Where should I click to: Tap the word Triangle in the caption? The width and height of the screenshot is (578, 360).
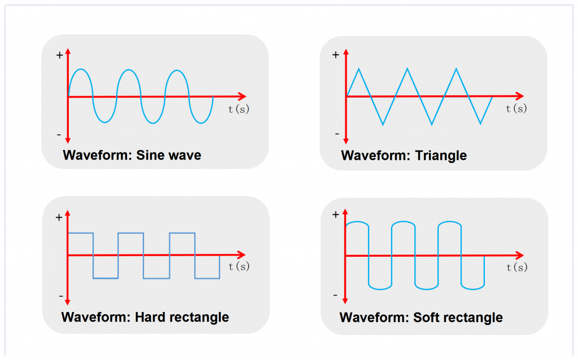point(441,156)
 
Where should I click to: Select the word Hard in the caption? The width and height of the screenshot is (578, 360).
point(149,317)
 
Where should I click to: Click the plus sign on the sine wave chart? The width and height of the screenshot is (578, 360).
point(59,55)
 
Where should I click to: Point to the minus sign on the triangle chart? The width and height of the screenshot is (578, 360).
point(336,134)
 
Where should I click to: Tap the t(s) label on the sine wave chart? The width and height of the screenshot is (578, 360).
point(239,109)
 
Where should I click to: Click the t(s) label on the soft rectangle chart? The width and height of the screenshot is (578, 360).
point(517,267)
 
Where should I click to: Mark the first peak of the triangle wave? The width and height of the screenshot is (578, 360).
point(358,68)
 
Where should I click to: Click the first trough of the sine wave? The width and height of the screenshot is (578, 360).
point(105,122)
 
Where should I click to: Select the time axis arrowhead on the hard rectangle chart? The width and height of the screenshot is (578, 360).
point(242,254)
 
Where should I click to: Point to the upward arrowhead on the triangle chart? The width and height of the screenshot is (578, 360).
point(345,52)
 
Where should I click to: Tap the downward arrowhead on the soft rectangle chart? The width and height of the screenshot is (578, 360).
point(345,301)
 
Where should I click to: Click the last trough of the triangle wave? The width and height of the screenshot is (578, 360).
point(480,124)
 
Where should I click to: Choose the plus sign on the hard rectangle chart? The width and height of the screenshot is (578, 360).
point(59,218)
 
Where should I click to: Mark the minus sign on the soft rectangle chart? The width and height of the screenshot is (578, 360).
point(335,296)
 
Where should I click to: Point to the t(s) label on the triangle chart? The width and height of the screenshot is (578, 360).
point(516,108)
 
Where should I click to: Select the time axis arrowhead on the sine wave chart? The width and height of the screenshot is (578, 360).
point(242,96)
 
